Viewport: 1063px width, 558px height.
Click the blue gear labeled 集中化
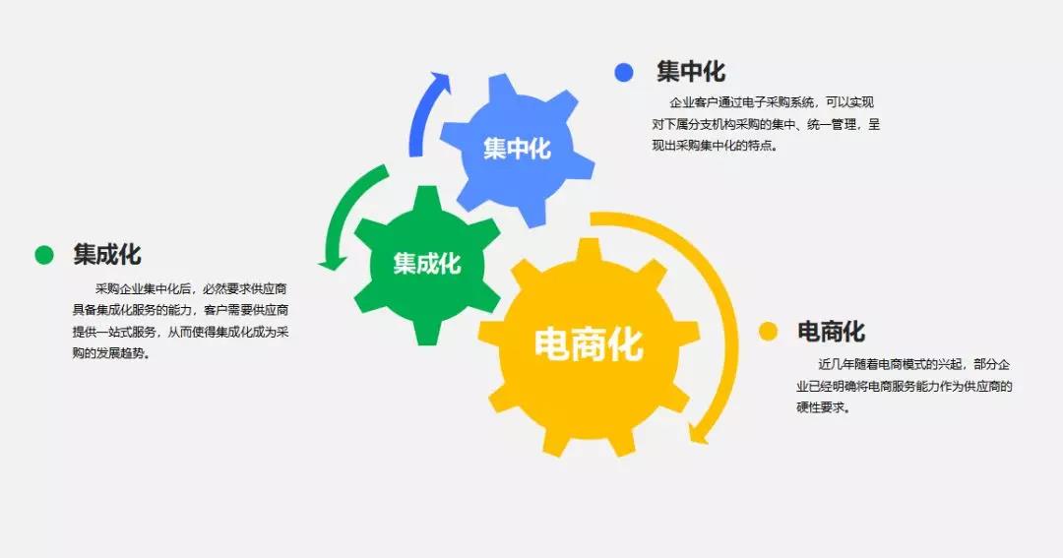pos(518,150)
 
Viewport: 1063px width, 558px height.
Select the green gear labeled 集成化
pos(427,265)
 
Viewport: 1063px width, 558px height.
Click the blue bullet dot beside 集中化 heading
pos(624,72)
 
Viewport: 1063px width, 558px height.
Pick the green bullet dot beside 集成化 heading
pos(44,255)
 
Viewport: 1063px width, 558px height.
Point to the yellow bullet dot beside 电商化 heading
pos(768,332)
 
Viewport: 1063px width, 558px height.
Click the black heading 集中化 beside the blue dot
pos(691,71)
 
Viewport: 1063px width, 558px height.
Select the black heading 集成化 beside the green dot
pos(107,254)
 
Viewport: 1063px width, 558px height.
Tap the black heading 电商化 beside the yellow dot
pos(831,332)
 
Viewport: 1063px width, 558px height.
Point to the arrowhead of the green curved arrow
pos(333,263)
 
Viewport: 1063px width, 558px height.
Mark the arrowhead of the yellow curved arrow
pos(697,433)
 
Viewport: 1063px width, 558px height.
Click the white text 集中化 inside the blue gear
pos(518,149)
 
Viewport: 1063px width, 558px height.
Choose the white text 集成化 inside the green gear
pos(427,264)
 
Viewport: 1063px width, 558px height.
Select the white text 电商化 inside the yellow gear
pos(589,343)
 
